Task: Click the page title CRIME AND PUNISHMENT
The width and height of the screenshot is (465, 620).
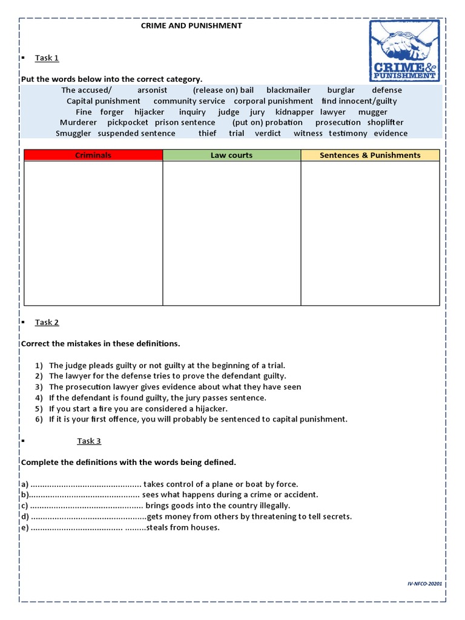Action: pyautogui.click(x=191, y=26)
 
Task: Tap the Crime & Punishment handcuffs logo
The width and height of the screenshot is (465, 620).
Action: pyautogui.click(x=406, y=51)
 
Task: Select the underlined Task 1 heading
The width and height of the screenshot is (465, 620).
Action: pyautogui.click(x=47, y=58)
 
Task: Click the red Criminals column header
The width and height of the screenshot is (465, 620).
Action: pyautogui.click(x=93, y=156)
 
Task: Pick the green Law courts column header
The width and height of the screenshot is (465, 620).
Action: pyautogui.click(x=231, y=156)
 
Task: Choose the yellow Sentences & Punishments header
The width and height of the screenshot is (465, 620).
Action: pyautogui.click(x=370, y=156)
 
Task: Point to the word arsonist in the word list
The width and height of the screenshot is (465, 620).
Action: pyautogui.click(x=152, y=90)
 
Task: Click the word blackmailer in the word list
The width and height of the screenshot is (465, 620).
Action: pyautogui.click(x=288, y=90)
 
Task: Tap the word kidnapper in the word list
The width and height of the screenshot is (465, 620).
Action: pyautogui.click(x=294, y=112)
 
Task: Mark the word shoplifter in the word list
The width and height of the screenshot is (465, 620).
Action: pyautogui.click(x=385, y=122)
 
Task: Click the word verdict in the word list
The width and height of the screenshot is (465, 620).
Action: pyautogui.click(x=268, y=133)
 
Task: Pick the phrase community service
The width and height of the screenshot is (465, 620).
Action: pyautogui.click(x=189, y=101)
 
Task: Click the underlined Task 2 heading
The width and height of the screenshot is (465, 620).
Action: pyautogui.click(x=47, y=322)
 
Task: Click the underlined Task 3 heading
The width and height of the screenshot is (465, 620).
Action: pyautogui.click(x=88, y=441)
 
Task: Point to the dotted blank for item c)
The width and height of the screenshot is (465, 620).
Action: pyautogui.click(x=87, y=506)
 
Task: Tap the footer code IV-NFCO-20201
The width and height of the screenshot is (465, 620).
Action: pyautogui.click(x=425, y=584)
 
